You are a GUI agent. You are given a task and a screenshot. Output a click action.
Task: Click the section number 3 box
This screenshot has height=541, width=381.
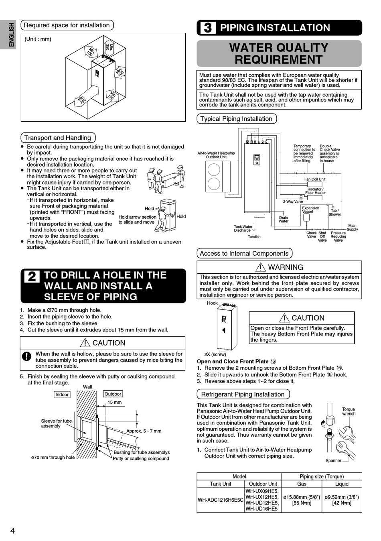click(x=207, y=28)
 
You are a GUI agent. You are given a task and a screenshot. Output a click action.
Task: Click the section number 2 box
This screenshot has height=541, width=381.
click(x=32, y=277)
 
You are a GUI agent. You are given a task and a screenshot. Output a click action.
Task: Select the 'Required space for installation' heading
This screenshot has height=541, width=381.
click(x=67, y=25)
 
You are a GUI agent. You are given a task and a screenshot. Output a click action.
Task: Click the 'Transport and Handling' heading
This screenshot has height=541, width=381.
click(x=58, y=138)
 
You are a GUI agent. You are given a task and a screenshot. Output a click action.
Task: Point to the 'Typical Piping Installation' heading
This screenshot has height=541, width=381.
click(x=236, y=119)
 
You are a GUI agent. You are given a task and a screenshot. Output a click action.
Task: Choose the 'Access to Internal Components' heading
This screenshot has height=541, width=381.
click(x=244, y=253)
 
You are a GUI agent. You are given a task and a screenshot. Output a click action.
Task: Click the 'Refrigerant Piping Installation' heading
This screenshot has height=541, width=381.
click(x=243, y=394)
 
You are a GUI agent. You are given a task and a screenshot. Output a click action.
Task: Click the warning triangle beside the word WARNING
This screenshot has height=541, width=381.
click(x=260, y=267)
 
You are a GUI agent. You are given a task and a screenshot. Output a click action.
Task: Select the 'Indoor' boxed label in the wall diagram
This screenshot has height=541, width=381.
click(x=62, y=395)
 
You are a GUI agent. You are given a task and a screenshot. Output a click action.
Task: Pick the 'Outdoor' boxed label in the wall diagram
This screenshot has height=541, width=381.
click(x=113, y=394)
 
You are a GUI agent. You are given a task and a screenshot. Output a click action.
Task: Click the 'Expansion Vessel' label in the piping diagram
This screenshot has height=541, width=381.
click(x=310, y=209)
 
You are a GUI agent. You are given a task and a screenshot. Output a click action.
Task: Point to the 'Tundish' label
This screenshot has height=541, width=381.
click(x=254, y=237)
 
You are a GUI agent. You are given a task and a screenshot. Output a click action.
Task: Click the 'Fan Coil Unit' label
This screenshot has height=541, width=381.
click(x=315, y=179)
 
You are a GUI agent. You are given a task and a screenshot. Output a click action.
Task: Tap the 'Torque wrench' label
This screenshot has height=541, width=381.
click(x=349, y=411)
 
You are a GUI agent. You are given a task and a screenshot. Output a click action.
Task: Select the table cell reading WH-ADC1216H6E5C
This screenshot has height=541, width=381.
click(x=221, y=500)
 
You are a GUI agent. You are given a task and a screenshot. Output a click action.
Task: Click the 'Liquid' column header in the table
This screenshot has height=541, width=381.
click(x=342, y=484)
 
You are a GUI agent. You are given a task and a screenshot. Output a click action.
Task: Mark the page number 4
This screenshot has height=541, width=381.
click(x=12, y=531)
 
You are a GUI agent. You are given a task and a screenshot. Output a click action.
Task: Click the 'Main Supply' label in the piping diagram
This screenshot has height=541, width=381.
click(x=352, y=228)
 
